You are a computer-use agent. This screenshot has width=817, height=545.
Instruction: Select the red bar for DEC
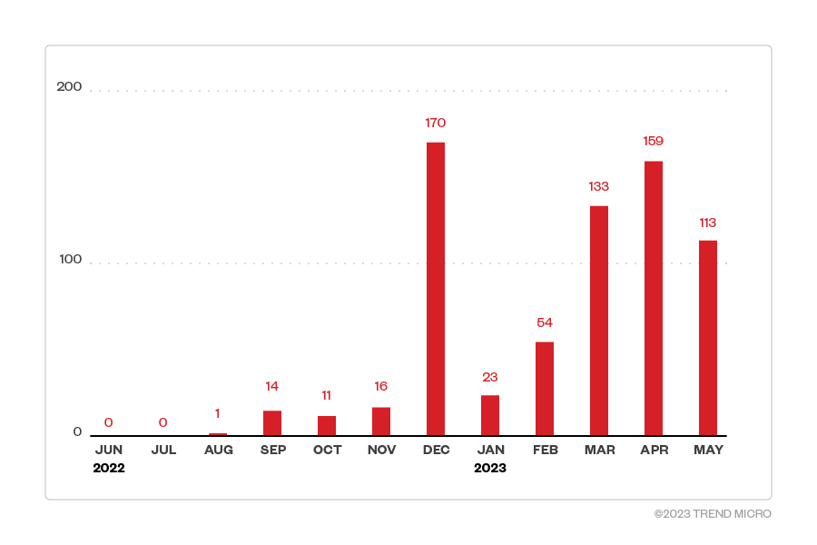pos(436,289)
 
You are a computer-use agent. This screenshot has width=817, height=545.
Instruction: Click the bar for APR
pos(654,298)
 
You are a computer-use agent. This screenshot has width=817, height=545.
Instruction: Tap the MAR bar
pos(599,321)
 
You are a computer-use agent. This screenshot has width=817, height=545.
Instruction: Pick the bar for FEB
pos(545,389)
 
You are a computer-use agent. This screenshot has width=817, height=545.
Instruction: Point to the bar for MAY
pos(708,338)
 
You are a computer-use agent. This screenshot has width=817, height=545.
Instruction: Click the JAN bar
pos(490,415)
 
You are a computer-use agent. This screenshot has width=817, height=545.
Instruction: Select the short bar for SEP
pos(272,423)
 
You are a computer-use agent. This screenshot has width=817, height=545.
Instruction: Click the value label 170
pos(436,123)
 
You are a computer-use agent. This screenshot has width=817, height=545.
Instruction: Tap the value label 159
pos(654,141)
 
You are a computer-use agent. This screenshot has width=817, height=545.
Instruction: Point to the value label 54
pos(545,322)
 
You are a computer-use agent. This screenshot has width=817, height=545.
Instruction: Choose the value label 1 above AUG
pos(218,413)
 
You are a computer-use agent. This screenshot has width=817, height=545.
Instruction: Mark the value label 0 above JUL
pos(163,422)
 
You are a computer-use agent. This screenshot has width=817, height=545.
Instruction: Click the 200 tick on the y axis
pos(69,86)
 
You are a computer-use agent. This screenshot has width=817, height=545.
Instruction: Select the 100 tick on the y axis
pos(70,259)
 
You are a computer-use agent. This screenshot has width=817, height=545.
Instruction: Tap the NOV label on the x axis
pos(381,450)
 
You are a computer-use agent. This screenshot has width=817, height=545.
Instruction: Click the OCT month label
pos(327,450)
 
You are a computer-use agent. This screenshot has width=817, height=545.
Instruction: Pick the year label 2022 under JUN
pos(109,469)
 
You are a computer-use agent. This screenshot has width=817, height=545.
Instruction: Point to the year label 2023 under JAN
pos(490,469)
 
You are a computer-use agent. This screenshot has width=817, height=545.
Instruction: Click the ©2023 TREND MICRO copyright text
pos(713,514)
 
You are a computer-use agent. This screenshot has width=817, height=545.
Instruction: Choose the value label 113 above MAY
pos(708,223)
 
